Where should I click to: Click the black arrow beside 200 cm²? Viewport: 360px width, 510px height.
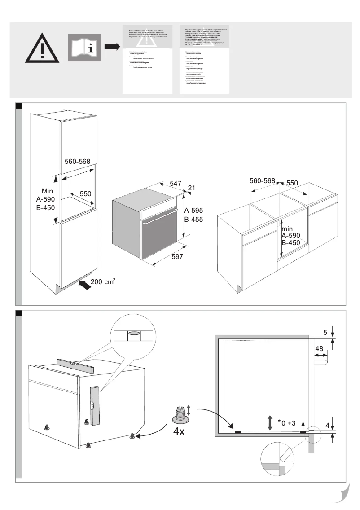click(x=83, y=284)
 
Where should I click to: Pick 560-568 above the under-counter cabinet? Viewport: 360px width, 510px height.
click(x=262, y=180)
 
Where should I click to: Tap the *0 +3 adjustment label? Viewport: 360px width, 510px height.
click(x=286, y=422)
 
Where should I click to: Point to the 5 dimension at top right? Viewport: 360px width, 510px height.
click(x=325, y=333)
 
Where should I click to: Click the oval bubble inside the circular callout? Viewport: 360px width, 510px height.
click(x=134, y=334)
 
